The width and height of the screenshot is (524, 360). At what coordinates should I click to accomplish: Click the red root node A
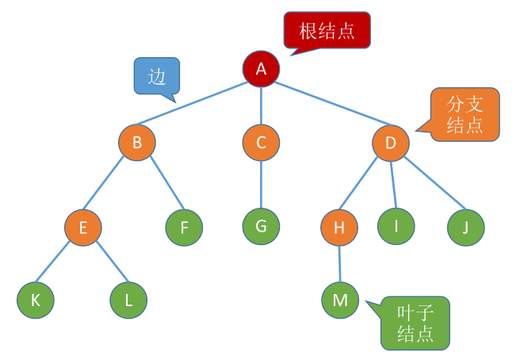coord(261,70)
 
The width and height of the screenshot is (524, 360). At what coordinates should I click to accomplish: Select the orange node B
coord(137,143)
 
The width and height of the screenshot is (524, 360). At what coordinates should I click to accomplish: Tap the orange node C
coord(261,143)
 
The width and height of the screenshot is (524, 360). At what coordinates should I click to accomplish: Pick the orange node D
coord(390,144)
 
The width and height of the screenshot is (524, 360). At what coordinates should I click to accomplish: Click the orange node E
coord(83,228)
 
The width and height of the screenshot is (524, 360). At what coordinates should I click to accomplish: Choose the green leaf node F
coord(184,228)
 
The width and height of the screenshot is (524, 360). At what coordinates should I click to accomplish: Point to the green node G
coord(261,225)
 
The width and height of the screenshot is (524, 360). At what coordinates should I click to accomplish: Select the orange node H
coord(339,228)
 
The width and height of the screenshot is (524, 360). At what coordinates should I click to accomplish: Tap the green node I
coord(396,226)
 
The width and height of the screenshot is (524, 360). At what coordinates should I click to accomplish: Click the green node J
coord(465,228)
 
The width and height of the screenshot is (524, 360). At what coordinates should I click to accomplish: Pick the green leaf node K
coord(35,300)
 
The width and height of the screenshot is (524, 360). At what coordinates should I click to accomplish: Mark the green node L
coord(128,300)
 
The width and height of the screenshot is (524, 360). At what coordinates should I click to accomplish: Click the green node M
coord(340,300)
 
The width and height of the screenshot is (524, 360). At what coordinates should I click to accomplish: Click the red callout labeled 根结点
coord(327,31)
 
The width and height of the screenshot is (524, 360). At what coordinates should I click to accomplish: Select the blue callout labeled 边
coord(156,76)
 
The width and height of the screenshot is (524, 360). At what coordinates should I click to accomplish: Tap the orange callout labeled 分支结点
coord(465,114)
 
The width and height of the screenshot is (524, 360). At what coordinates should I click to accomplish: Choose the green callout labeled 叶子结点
coord(415,322)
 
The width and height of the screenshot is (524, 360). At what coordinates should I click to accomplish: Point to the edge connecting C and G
coord(261,184)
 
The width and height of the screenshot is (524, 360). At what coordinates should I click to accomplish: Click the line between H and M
coord(339,263)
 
